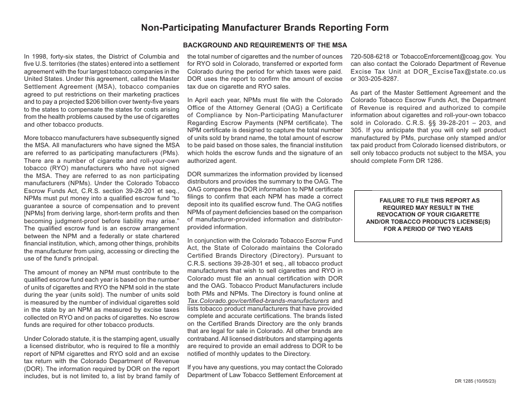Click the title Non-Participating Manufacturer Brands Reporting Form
coord(265,27)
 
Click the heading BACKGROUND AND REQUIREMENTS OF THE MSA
coord(265,45)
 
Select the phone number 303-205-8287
coord(382,80)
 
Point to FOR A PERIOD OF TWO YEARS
coord(428,229)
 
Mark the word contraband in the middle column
coord(204,339)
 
